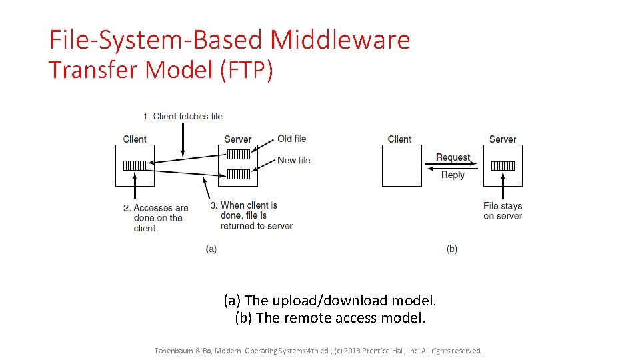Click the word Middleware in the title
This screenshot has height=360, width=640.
tap(340, 40)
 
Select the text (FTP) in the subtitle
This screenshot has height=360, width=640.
tap(246, 70)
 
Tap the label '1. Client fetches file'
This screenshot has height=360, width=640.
tap(182, 116)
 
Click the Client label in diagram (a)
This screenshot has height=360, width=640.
tap(135, 139)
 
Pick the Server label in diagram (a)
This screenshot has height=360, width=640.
tap(238, 139)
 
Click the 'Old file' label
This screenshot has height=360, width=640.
tap(292, 139)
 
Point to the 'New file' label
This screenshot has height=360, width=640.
tap(294, 160)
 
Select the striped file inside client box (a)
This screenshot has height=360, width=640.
tap(135, 165)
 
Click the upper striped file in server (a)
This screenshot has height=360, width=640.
tap(238, 154)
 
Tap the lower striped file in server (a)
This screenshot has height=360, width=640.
tap(238, 175)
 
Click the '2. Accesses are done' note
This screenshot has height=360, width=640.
tap(156, 217)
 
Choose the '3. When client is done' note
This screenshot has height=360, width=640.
tap(251, 215)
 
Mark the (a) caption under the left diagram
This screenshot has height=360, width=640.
tap(211, 249)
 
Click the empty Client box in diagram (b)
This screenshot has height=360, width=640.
tap(401, 165)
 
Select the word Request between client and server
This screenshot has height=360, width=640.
tap(453, 157)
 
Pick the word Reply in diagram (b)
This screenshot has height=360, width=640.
tap(453, 175)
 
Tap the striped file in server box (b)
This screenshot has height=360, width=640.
tap(503, 165)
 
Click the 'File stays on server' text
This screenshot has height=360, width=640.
tap(503, 211)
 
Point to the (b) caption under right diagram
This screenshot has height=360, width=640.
tap(452, 249)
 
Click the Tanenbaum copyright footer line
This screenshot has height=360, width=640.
tap(317, 351)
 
